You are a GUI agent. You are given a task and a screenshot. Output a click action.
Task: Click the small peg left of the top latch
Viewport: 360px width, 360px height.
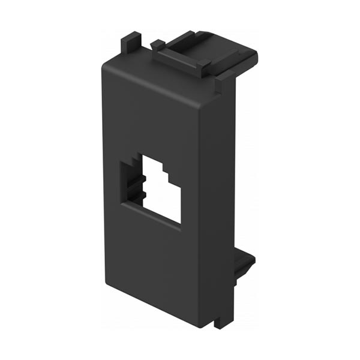click(157, 44)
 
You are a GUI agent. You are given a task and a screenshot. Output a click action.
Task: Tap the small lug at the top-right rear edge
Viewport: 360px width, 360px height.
click(225, 77)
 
